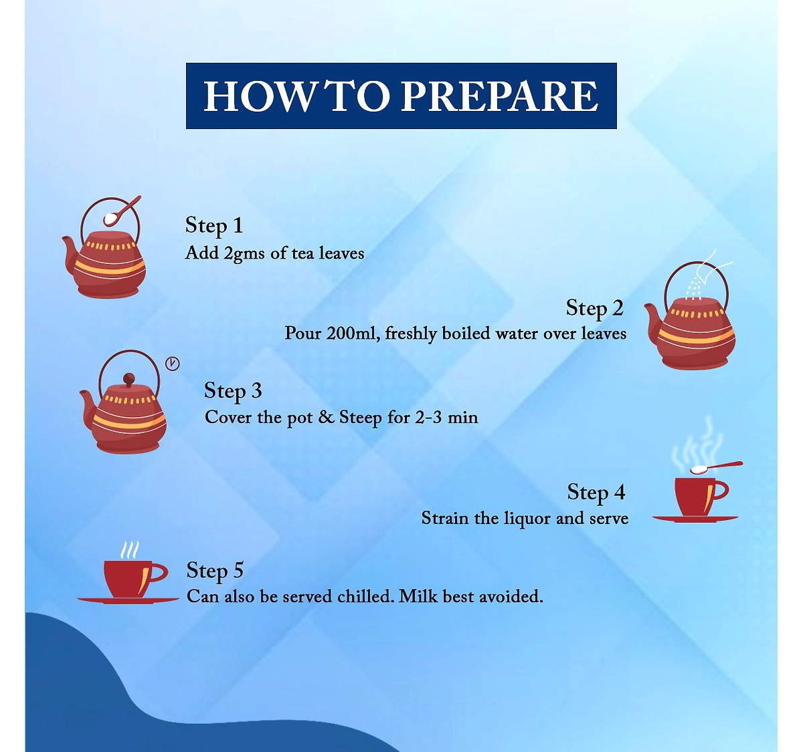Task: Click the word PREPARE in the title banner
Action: (x=499, y=96)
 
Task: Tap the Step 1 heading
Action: (x=214, y=226)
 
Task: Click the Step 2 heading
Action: (x=594, y=308)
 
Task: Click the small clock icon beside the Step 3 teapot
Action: (x=172, y=364)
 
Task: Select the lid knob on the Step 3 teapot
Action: (x=129, y=380)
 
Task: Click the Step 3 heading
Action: (x=233, y=391)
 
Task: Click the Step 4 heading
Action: (x=596, y=493)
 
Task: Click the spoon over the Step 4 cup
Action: (x=716, y=467)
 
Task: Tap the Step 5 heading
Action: (x=215, y=571)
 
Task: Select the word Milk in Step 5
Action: (x=418, y=597)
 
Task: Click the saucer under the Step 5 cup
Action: (x=128, y=601)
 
